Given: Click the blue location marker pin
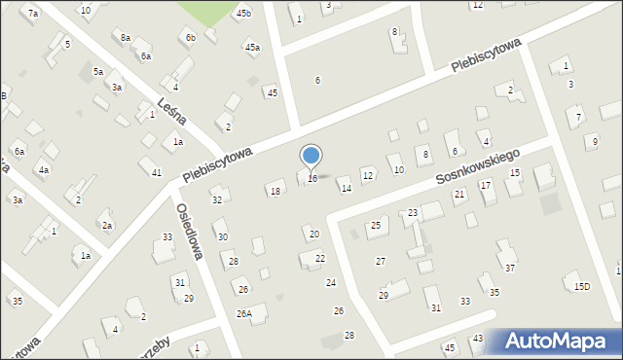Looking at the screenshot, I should tap(311, 156).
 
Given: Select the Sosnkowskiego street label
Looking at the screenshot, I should tap(479, 166).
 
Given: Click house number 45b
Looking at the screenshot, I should tap(243, 14).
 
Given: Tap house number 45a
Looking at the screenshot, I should tap(252, 47).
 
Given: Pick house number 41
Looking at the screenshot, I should tap(156, 172).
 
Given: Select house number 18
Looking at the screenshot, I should tap(275, 192).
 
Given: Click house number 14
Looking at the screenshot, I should tap(346, 189).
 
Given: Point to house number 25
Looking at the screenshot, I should tap(375, 226).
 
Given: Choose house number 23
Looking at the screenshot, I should tap(413, 213).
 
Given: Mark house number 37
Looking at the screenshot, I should tap(509, 269).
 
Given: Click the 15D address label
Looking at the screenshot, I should tap(581, 286).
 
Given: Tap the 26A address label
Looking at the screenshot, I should tap(244, 313).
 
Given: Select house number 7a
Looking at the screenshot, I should tap(33, 14).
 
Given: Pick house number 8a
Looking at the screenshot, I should tap(126, 37).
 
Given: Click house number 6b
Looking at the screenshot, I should tap(191, 38).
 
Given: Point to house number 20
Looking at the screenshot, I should tap(313, 234).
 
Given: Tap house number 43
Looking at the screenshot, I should tap(477, 339).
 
